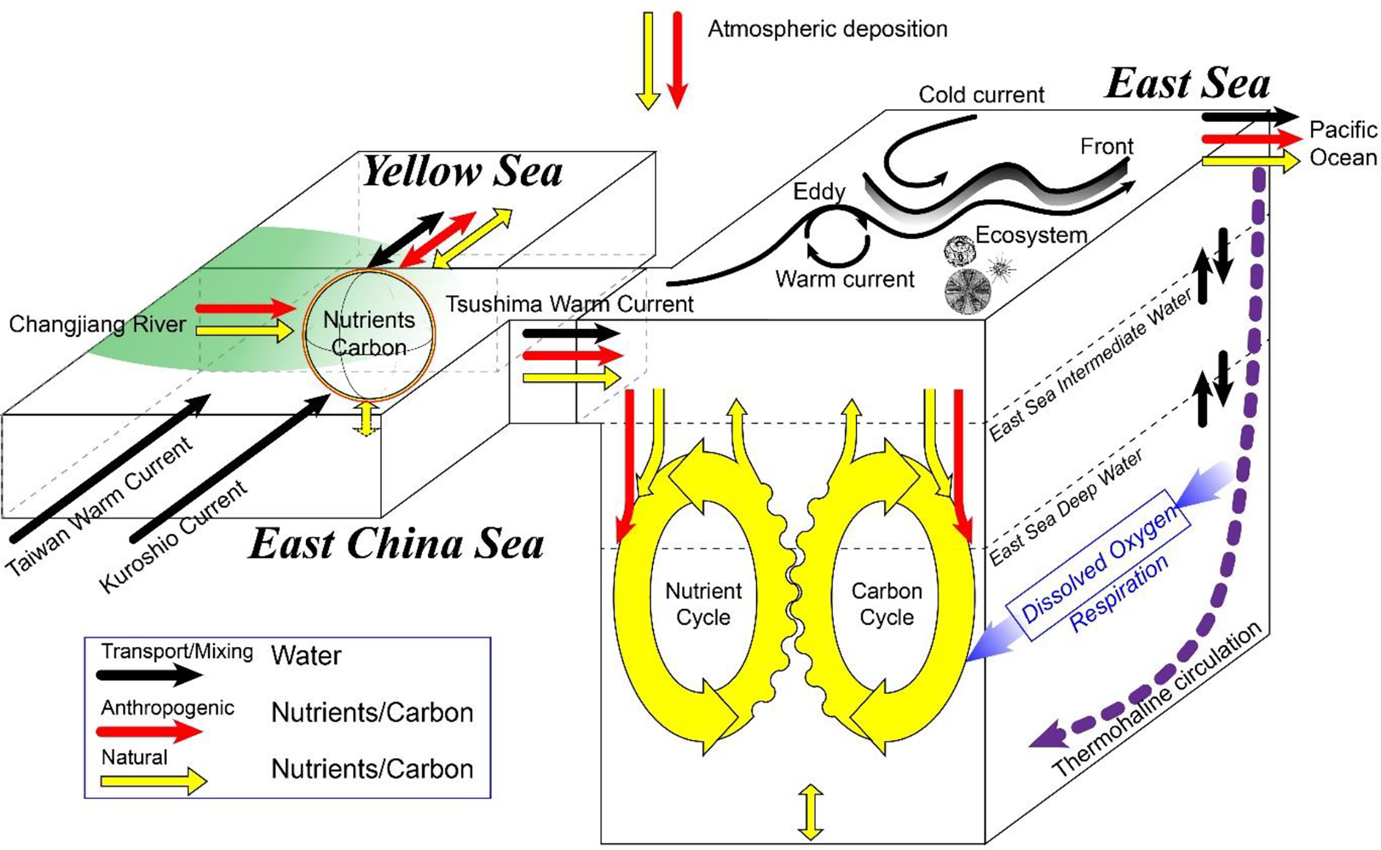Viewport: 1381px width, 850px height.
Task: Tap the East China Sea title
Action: pyautogui.click(x=397, y=544)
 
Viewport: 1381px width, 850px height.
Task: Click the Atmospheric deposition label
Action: pyautogui.click(x=827, y=29)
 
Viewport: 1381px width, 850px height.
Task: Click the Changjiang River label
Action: pyautogui.click(x=97, y=324)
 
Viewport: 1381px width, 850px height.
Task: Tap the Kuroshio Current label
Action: pyautogui.click(x=173, y=537)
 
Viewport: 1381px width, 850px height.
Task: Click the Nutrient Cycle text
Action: pyautogui.click(x=703, y=604)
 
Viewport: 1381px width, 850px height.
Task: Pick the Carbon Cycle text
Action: pyautogui.click(x=887, y=604)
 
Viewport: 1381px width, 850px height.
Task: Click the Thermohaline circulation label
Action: pyautogui.click(x=1158, y=700)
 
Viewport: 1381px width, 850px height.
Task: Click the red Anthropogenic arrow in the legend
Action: pyautogui.click(x=149, y=731)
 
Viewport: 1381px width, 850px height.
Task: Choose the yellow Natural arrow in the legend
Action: pyautogui.click(x=153, y=782)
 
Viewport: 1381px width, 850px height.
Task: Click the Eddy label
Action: pyautogui.click(x=819, y=192)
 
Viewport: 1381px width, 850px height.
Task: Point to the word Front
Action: pyautogui.click(x=1106, y=147)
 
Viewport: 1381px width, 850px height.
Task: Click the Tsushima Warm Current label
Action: pyautogui.click(x=569, y=304)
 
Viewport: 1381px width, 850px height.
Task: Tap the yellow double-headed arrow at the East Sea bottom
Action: pyautogui.click(x=810, y=812)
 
